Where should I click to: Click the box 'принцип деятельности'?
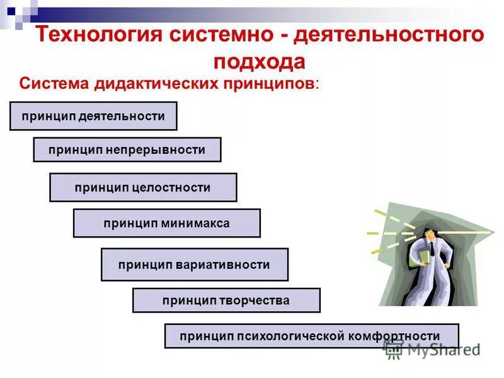pos(93,116)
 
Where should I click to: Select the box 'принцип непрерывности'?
pos(127,150)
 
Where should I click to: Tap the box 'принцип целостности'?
pos(143,188)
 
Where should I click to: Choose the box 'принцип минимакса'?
pos(166,223)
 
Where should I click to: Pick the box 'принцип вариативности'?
pos(194,265)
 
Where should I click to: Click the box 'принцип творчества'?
pos(226,301)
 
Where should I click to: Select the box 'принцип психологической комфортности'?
pos(311,336)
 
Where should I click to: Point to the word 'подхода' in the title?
pos(259,61)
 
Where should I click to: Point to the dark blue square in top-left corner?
pos(11,11)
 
